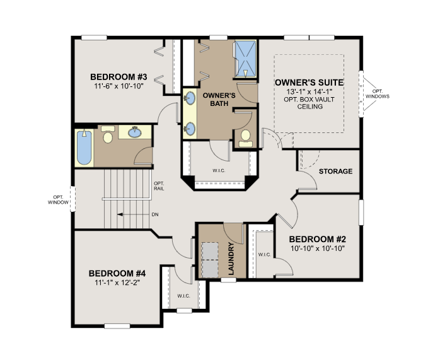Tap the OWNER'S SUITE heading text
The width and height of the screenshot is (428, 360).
click(x=309, y=83)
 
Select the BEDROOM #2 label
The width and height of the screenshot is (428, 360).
click(x=319, y=239)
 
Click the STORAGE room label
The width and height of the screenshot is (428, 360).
click(x=335, y=171)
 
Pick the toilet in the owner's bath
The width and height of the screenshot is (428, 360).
click(x=244, y=137)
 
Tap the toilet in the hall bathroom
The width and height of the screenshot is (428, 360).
click(x=107, y=136)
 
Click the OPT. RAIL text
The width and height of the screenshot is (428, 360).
click(x=159, y=186)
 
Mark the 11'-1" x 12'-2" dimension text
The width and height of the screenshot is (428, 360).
click(x=117, y=283)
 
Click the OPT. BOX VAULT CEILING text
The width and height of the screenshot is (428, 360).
click(x=309, y=102)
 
